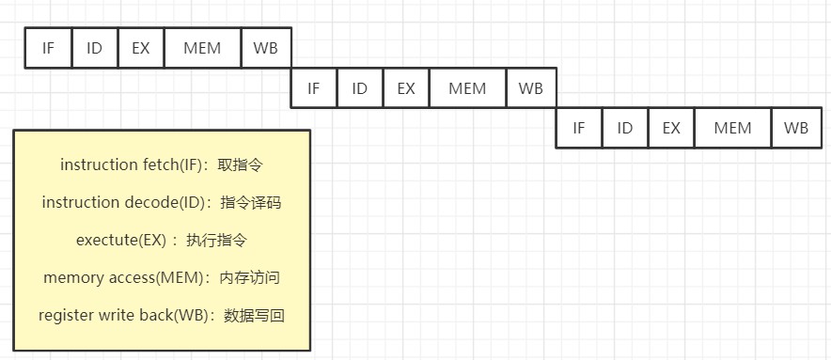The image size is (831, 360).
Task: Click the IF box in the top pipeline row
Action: (48, 48)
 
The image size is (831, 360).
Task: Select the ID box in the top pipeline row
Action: (94, 48)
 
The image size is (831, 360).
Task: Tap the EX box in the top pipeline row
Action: (140, 48)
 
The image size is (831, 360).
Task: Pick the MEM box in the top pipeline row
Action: (202, 48)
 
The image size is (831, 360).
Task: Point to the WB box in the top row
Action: (266, 48)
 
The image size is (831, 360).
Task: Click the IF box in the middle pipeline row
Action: (314, 88)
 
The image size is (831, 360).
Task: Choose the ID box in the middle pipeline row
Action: (359, 88)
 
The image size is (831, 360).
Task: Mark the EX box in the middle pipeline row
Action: (406, 88)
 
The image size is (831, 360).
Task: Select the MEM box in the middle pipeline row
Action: (467, 88)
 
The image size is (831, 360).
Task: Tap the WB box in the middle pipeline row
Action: (531, 88)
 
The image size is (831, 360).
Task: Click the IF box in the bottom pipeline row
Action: (579, 128)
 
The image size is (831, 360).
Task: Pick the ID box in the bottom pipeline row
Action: (625, 128)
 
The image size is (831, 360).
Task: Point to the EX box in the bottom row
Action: (671, 128)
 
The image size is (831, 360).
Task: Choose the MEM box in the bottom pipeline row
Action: (733, 128)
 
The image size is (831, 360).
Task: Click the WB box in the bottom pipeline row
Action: (796, 128)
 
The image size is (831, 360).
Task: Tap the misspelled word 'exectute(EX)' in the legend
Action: (121, 241)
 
